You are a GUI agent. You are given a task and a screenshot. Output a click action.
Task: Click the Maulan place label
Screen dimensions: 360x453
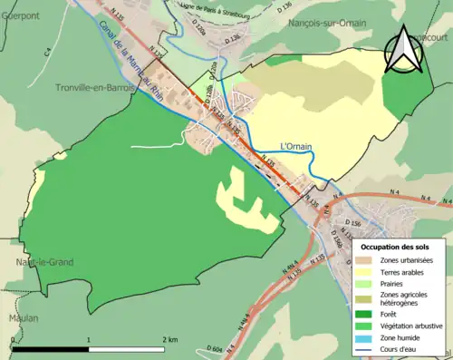[x=18, y=318]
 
